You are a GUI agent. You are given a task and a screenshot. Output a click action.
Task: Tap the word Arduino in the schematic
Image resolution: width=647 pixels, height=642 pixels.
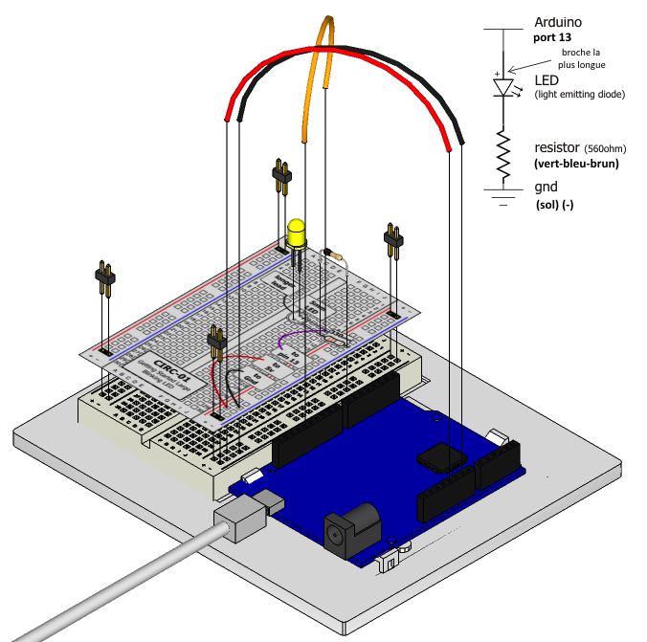pos(558,21)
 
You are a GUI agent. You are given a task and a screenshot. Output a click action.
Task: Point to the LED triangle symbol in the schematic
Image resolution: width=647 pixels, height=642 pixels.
pos(504,87)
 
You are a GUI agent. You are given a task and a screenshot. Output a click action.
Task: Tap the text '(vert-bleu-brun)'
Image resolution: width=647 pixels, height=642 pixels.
pos(576,164)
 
